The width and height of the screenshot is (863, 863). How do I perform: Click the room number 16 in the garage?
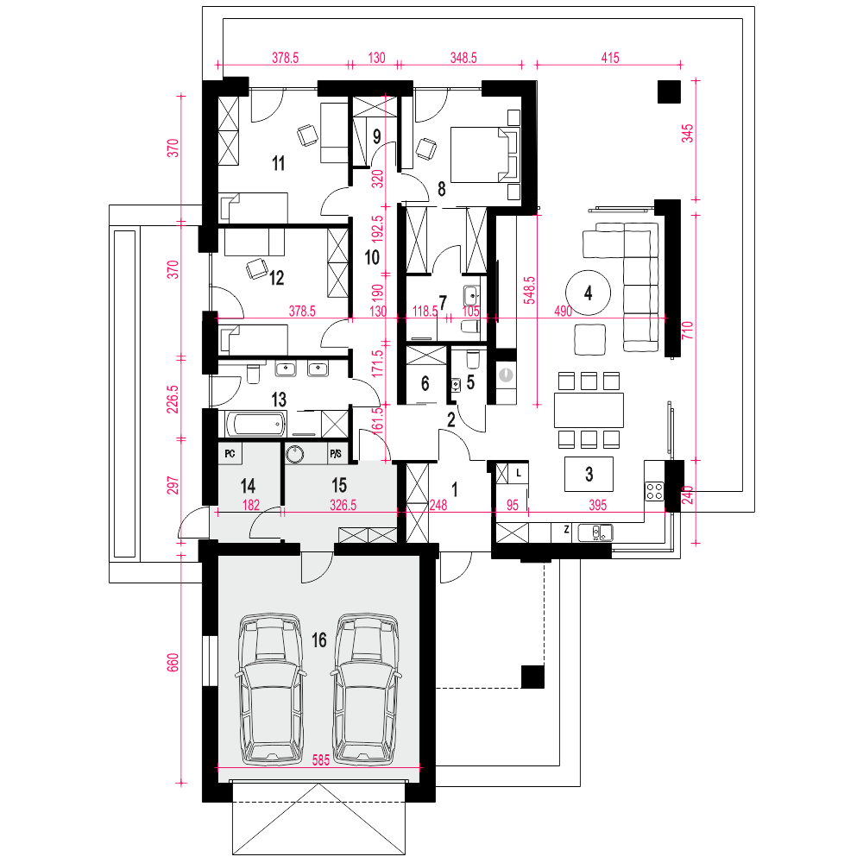pyautogui.click(x=319, y=640)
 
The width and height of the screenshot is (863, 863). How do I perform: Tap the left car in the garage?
pyautogui.click(x=269, y=689)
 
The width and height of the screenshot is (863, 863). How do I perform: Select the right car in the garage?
pyautogui.click(x=366, y=689)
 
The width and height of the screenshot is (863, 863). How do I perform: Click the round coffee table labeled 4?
pyautogui.click(x=588, y=293)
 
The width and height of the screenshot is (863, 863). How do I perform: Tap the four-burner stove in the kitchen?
pyautogui.click(x=654, y=490)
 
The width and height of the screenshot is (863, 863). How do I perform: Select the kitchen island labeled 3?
pyautogui.click(x=589, y=474)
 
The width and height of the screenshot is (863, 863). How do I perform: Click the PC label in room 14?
pyautogui.click(x=230, y=454)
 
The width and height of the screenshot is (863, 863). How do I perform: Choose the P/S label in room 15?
pyautogui.click(x=336, y=454)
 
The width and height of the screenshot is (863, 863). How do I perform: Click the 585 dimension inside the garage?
pyautogui.click(x=321, y=760)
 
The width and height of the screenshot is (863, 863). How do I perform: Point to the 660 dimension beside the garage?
pyautogui.click(x=173, y=663)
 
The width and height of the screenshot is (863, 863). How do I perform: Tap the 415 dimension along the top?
pyautogui.click(x=610, y=58)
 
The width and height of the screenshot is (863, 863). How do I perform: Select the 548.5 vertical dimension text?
pyautogui.click(x=529, y=290)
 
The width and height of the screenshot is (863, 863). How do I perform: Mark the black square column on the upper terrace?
pyautogui.click(x=670, y=92)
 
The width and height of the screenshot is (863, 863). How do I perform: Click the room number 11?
pyautogui.click(x=279, y=163)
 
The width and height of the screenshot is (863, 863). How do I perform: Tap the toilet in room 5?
pyautogui.click(x=473, y=359)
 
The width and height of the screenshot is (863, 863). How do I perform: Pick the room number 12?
pyautogui.click(x=276, y=278)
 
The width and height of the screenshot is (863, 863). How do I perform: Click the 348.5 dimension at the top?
pyautogui.click(x=463, y=58)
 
